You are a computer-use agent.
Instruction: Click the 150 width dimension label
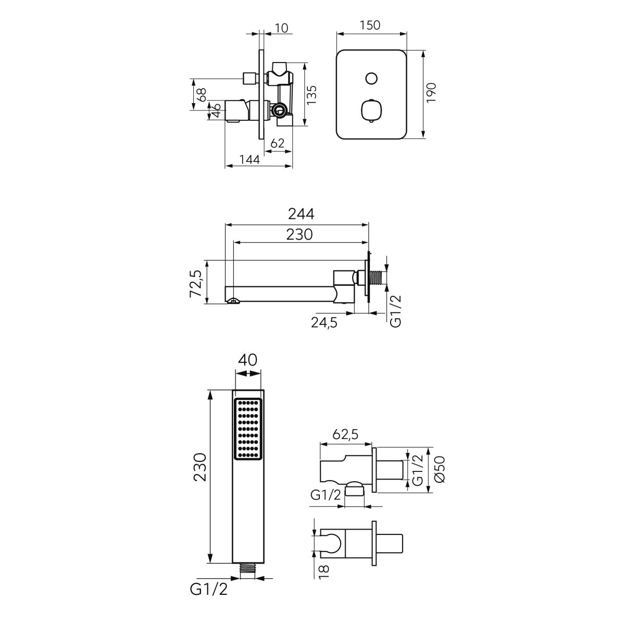(370, 26)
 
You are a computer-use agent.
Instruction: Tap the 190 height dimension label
(431, 93)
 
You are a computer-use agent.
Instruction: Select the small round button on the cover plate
(371, 78)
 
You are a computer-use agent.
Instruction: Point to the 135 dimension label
(311, 95)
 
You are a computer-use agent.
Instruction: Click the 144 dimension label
(250, 159)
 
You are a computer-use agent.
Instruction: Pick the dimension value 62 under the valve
(277, 143)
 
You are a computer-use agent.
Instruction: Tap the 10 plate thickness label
(281, 28)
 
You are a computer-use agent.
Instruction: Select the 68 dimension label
(202, 95)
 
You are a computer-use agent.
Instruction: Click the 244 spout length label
(302, 214)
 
